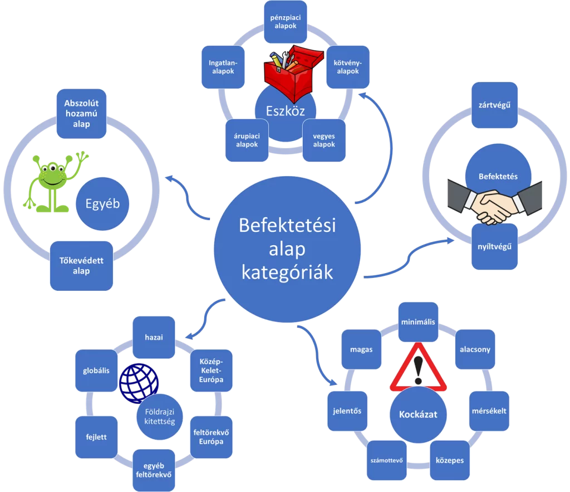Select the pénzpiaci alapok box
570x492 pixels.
pos(286,22)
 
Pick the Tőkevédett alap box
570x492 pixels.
pos(81,266)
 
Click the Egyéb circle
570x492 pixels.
pos(103,204)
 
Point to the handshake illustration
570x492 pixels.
pos(494,203)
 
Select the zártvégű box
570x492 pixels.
pos(494,105)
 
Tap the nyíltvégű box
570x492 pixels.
pos(494,246)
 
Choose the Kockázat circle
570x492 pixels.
pos(418,415)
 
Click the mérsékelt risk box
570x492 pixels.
pos(488,411)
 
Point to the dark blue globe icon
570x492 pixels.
pos(139,382)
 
